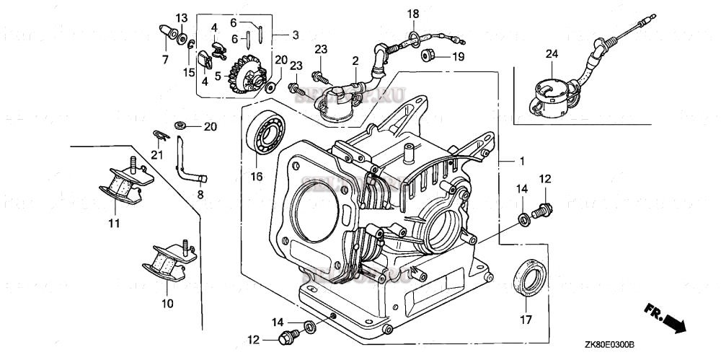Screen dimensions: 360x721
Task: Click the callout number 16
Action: (256, 175)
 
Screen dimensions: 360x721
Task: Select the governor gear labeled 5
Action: (242, 75)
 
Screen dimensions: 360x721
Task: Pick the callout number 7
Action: (164, 58)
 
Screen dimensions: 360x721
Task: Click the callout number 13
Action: (182, 17)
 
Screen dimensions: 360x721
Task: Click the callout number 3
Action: (296, 35)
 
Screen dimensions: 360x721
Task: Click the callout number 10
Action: (167, 304)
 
